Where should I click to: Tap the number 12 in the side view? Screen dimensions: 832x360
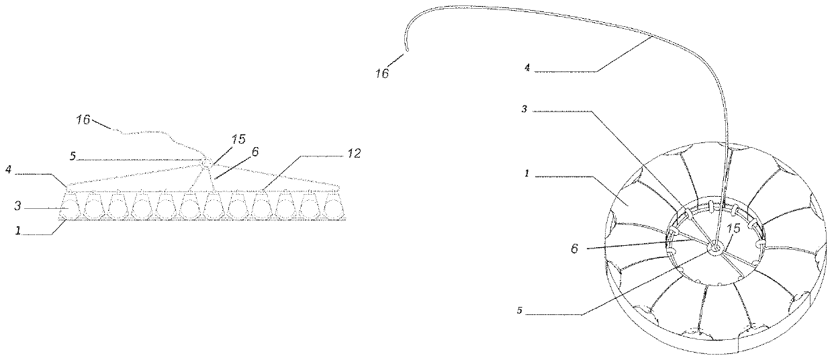click(354, 154)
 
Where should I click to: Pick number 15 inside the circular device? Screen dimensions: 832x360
click(733, 229)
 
